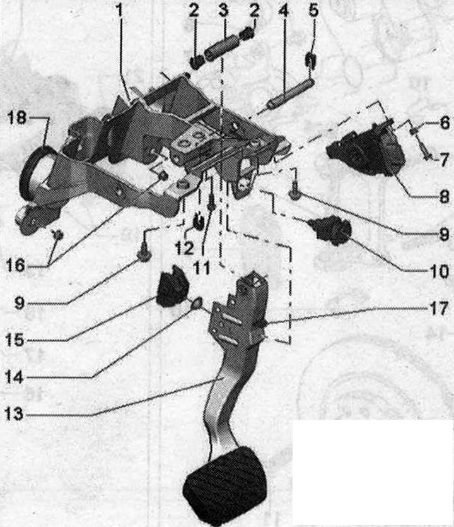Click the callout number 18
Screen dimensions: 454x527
click(x=17, y=118)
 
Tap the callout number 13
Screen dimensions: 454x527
click(x=14, y=414)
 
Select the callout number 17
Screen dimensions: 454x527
click(x=439, y=308)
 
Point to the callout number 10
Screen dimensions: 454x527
click(x=439, y=271)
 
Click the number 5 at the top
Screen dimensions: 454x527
click(x=313, y=10)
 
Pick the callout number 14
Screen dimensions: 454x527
click(x=14, y=377)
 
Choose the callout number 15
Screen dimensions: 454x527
click(x=15, y=340)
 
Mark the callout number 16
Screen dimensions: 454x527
click(x=15, y=266)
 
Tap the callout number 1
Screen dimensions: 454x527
click(x=119, y=10)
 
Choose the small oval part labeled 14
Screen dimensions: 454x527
click(x=196, y=304)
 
